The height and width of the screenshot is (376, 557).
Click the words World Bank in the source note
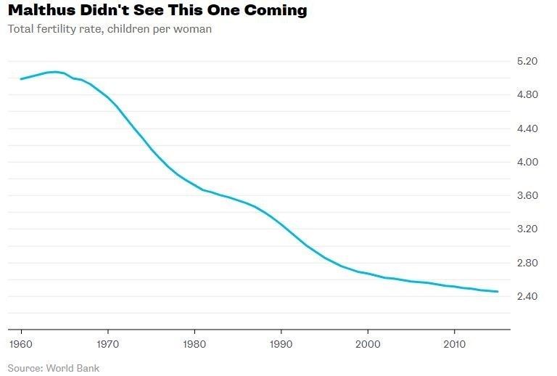click(x=73, y=367)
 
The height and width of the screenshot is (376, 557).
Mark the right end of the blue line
click(x=498, y=292)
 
